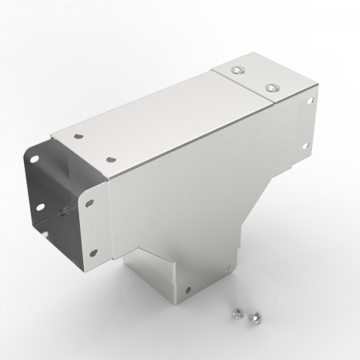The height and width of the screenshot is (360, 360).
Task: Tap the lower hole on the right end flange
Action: point(306,146)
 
